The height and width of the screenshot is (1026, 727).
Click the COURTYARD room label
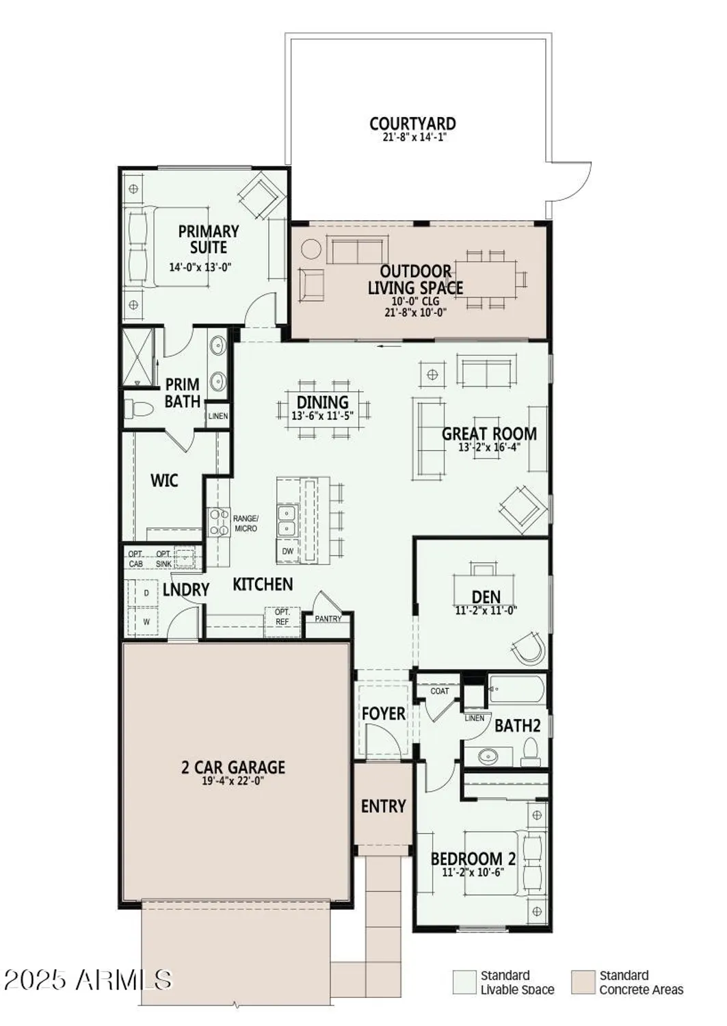[x=412, y=124]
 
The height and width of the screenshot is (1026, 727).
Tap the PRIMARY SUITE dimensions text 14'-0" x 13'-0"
[x=200, y=267]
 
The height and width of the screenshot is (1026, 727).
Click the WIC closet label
[x=164, y=480]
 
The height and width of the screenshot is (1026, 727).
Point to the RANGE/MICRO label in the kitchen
[x=245, y=523]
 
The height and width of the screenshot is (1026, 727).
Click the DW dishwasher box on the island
[x=287, y=551]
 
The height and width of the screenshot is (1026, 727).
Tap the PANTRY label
[x=328, y=619]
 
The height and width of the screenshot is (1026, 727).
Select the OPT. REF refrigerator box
[x=282, y=617]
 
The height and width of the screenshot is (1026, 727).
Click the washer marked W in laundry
[x=146, y=622]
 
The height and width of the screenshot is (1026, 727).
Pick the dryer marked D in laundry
[x=146, y=594]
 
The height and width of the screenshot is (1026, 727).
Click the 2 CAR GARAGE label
[x=233, y=767]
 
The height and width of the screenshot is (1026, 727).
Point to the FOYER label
[x=383, y=713]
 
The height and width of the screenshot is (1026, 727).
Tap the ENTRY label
[x=383, y=806]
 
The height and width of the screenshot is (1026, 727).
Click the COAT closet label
[x=440, y=691]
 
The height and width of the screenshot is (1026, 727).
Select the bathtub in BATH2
[x=517, y=689]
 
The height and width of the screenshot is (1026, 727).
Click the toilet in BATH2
[x=531, y=752]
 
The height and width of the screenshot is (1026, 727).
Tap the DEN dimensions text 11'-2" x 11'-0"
[x=486, y=611]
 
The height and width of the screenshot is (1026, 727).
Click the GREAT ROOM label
[x=489, y=434]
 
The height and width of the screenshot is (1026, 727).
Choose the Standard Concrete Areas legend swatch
[x=583, y=982]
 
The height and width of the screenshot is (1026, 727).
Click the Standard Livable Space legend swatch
[x=464, y=982]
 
